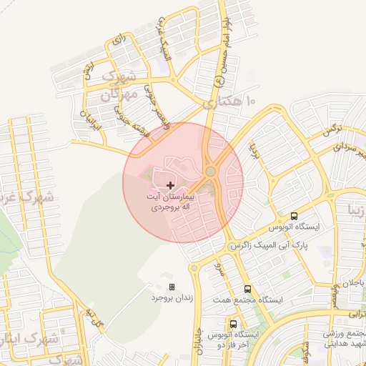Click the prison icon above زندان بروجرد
click(171, 287)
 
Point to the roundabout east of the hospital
click(211, 172)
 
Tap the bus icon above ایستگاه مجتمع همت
click(247, 289)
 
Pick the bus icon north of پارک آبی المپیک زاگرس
click(295, 217)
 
